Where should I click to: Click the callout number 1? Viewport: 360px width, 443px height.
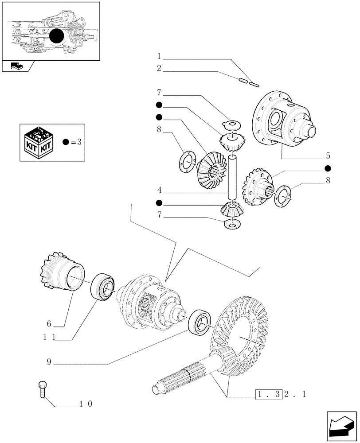159,56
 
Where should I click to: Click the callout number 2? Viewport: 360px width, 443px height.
159,69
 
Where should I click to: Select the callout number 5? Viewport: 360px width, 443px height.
328,155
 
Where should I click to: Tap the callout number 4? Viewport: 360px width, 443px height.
159,192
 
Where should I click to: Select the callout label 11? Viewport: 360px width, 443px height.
49,337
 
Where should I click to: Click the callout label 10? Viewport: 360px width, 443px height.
86,404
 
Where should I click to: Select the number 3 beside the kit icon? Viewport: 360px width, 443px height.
79,142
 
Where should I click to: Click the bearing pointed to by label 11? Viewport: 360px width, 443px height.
103,288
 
